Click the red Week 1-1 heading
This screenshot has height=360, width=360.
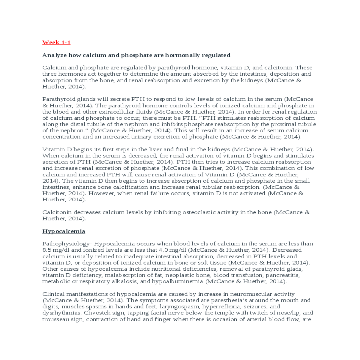point(56,42)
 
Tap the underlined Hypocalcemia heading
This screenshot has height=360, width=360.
point(64,231)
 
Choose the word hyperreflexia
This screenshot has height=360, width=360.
point(221,307)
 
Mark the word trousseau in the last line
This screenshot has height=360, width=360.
point(54,319)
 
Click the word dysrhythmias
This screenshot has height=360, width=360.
point(62,313)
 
